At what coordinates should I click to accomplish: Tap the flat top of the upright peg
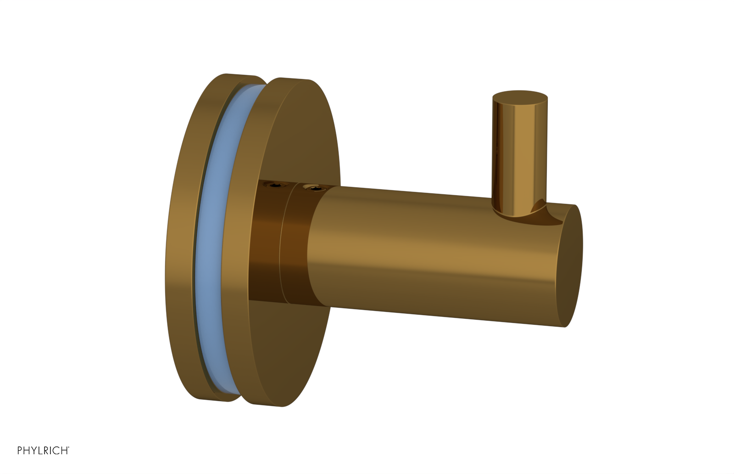[x=520, y=97]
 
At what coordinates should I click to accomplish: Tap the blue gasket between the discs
[x=209, y=239]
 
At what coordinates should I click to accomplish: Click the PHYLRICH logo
[x=43, y=451]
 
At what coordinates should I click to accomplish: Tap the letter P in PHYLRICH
[x=20, y=451]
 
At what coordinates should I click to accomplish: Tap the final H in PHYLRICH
[x=64, y=451]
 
